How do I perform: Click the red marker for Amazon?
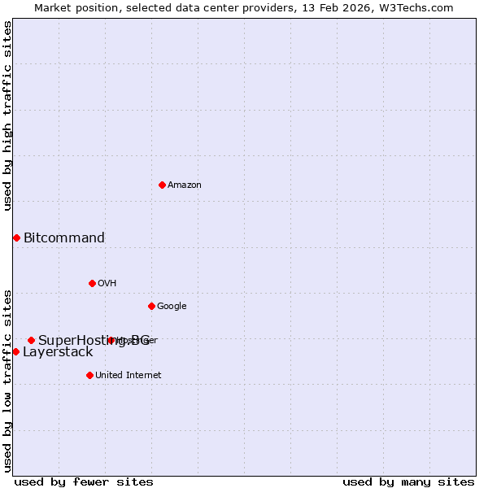point(162,185)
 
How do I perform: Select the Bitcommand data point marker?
point(16,237)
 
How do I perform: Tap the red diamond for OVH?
point(92,283)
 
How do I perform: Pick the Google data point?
point(151,306)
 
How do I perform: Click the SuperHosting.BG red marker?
point(31,340)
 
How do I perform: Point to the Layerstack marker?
point(15,351)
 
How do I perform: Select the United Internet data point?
point(89,375)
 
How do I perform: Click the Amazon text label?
point(185,185)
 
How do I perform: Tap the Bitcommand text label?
point(64,238)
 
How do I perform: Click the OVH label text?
point(107,284)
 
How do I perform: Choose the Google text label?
point(172,307)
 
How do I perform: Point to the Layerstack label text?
point(58,352)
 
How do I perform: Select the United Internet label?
point(128,376)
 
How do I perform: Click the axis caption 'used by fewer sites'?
point(84,482)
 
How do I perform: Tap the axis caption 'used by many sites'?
point(408,482)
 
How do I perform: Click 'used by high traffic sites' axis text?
point(7,115)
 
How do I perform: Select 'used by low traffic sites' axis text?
point(7,380)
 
